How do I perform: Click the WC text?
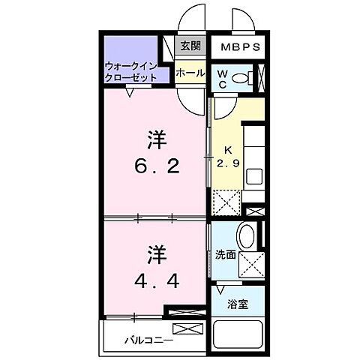coord(223,79)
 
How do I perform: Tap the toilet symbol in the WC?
coord(241,78)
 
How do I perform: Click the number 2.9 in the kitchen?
coord(229,163)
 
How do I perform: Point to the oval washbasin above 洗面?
coord(247,235)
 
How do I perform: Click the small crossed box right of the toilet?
coord(261,78)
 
